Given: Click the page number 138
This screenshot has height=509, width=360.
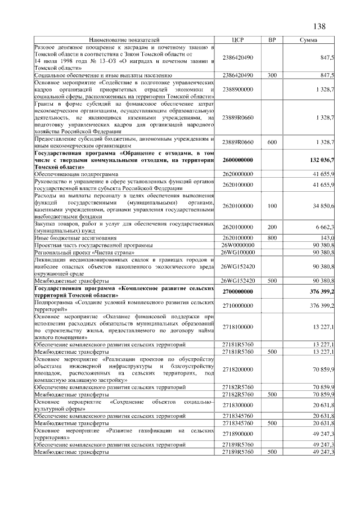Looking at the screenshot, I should click(x=319, y=26).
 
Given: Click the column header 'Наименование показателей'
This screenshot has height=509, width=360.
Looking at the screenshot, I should click(x=124, y=40).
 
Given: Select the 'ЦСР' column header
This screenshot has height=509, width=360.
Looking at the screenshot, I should click(x=237, y=40).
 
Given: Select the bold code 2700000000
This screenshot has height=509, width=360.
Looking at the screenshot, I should click(x=237, y=291).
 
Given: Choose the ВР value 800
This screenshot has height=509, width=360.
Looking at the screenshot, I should click(x=272, y=238).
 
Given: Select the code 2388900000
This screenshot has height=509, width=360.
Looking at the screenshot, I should click(x=237, y=89).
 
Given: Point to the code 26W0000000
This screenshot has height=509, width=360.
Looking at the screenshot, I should click(x=237, y=245).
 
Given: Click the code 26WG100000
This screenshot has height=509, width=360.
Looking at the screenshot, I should click(x=237, y=253).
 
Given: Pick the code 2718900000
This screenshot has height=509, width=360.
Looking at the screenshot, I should click(x=237, y=434).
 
